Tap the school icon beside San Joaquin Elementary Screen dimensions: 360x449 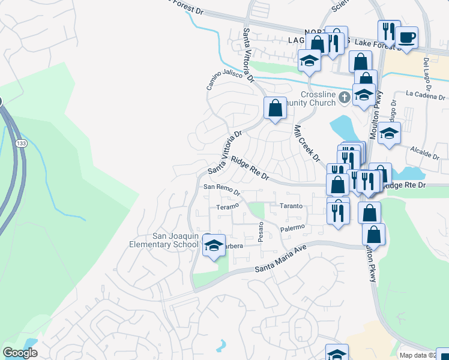(214, 246)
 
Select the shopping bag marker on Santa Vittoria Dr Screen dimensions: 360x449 (275, 109)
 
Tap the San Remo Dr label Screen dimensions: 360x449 (221, 190)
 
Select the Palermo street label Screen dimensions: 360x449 (293, 228)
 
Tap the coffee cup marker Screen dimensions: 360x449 (406, 38)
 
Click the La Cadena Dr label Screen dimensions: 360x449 (426, 95)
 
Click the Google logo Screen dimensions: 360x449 (20, 353)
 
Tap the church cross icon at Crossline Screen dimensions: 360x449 (345, 97)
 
